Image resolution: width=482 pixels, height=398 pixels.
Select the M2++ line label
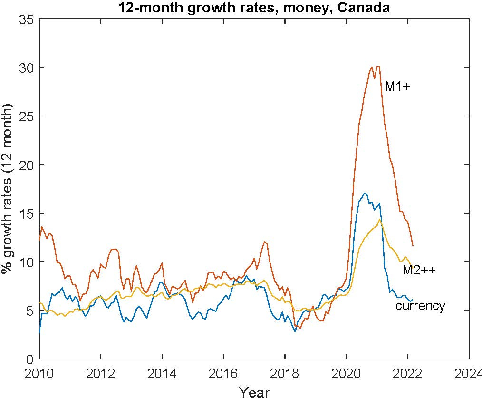[419, 270]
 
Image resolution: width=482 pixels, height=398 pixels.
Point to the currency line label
[420, 306]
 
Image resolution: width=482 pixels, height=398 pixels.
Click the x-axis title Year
[254, 392]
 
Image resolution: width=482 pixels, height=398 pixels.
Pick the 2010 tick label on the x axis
[39, 372]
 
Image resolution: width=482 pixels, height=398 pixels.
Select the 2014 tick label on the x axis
[162, 372]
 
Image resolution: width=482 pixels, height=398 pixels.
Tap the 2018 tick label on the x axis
[285, 372]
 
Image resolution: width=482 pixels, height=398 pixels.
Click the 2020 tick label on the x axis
[346, 372]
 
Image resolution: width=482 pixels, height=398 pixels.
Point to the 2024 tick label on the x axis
[469, 372]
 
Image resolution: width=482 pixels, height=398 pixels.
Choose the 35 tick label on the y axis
[26, 19]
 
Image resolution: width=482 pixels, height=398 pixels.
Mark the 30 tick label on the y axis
[26, 68]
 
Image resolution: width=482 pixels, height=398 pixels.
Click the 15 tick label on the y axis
[26, 214]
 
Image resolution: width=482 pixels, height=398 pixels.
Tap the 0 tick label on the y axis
[29, 359]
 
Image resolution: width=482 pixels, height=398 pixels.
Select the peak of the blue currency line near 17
[365, 193]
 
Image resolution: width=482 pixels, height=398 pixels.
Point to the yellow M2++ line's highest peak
[379, 219]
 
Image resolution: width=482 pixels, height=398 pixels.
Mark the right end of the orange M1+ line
[413, 245]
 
